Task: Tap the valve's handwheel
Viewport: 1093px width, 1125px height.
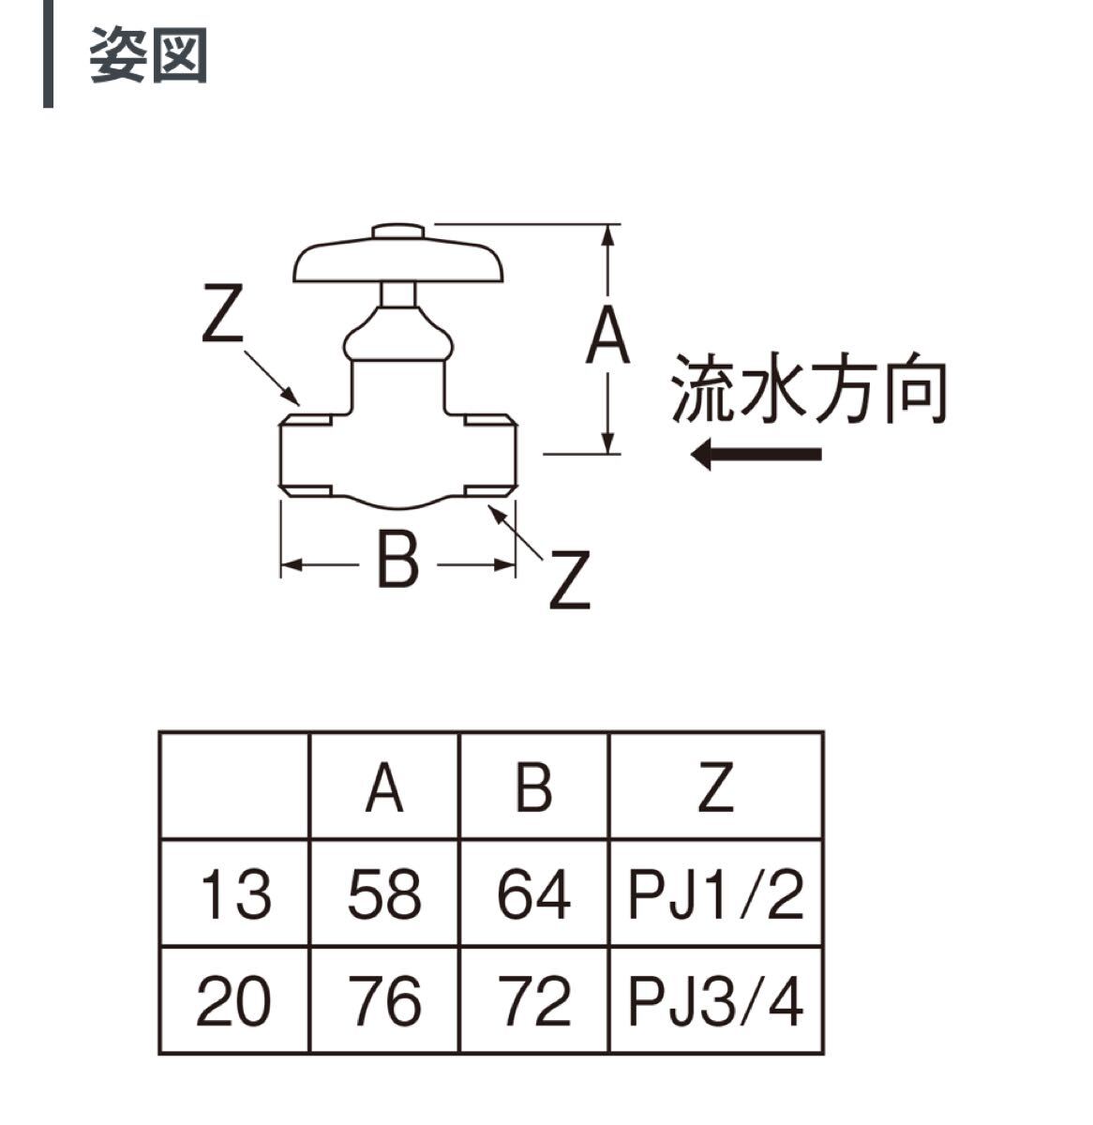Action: [x=399, y=262]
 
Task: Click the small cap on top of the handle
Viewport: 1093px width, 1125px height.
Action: [x=399, y=231]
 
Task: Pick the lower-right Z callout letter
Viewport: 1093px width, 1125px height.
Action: [x=569, y=581]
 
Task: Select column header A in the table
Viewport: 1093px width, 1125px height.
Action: [x=384, y=787]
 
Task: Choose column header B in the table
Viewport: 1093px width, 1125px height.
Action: [x=533, y=787]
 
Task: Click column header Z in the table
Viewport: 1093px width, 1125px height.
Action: [x=715, y=787]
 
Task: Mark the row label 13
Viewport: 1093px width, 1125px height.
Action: [x=234, y=894]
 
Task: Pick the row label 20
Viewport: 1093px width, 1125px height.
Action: [x=234, y=1000]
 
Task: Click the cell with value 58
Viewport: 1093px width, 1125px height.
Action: [x=384, y=894]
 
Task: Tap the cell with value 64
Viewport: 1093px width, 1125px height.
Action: [x=533, y=894]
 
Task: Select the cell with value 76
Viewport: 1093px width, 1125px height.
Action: [x=384, y=1000]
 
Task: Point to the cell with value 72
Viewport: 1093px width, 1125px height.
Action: [x=533, y=1000]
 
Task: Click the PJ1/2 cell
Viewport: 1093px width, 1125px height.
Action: [x=715, y=894]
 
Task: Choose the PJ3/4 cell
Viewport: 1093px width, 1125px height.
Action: [x=715, y=1000]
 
